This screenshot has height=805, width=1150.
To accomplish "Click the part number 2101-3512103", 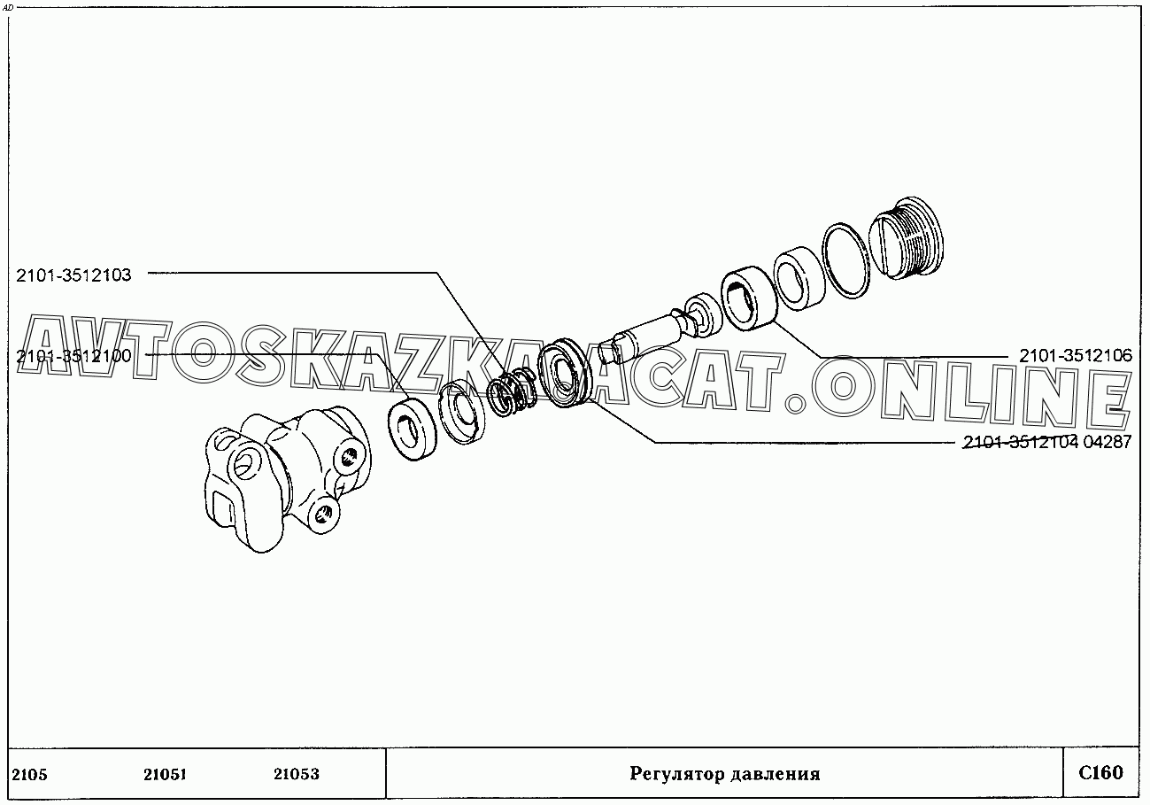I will coord(73,275).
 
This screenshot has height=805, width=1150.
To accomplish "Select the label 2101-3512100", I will coord(73,356).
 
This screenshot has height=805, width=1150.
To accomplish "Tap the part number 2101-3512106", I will coord(1075,356).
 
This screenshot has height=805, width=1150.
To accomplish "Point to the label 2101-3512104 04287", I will coord(1046,443).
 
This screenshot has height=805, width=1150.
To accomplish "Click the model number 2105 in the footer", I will coord(30,774).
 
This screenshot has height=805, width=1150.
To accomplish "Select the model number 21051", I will coord(164,774).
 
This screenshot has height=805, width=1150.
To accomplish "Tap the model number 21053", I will coord(296,774).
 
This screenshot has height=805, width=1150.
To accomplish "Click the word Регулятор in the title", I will coord(678,774).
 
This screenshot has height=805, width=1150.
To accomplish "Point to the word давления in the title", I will coord(777,774).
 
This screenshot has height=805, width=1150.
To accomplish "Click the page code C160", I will coord(1100,772).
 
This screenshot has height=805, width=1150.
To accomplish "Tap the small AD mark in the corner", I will coord(8,7).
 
